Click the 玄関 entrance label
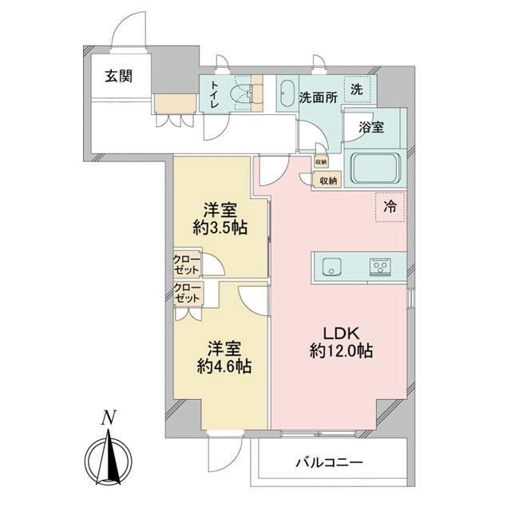117,77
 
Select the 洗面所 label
316,98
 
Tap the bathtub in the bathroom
378,168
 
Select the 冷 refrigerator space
390,207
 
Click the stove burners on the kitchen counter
379,267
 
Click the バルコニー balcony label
329,462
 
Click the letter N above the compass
108,418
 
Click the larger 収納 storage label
328,180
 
